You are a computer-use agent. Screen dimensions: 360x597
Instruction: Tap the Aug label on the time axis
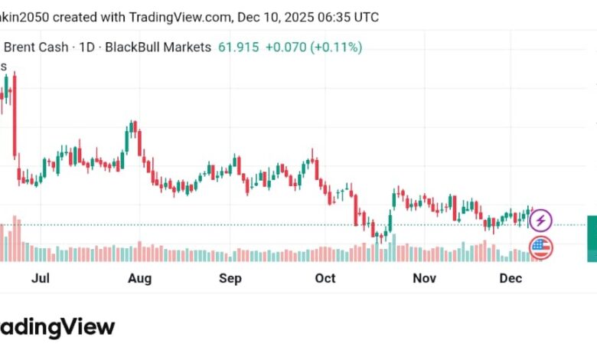139,278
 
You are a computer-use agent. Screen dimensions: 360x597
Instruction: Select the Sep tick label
230,278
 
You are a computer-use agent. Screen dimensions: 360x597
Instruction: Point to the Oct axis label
325,278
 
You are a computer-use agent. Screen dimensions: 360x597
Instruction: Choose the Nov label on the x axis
424,278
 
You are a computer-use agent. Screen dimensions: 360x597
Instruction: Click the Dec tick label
511,278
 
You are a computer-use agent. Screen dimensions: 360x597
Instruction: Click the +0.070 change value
285,47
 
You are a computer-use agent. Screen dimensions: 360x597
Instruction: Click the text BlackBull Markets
158,47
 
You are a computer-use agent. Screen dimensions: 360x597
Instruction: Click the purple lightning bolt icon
541,221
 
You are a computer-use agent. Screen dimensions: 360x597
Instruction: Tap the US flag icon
541,247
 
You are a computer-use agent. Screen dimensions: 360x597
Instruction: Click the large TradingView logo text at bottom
57,327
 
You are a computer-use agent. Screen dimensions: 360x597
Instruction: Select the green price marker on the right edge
592,239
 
